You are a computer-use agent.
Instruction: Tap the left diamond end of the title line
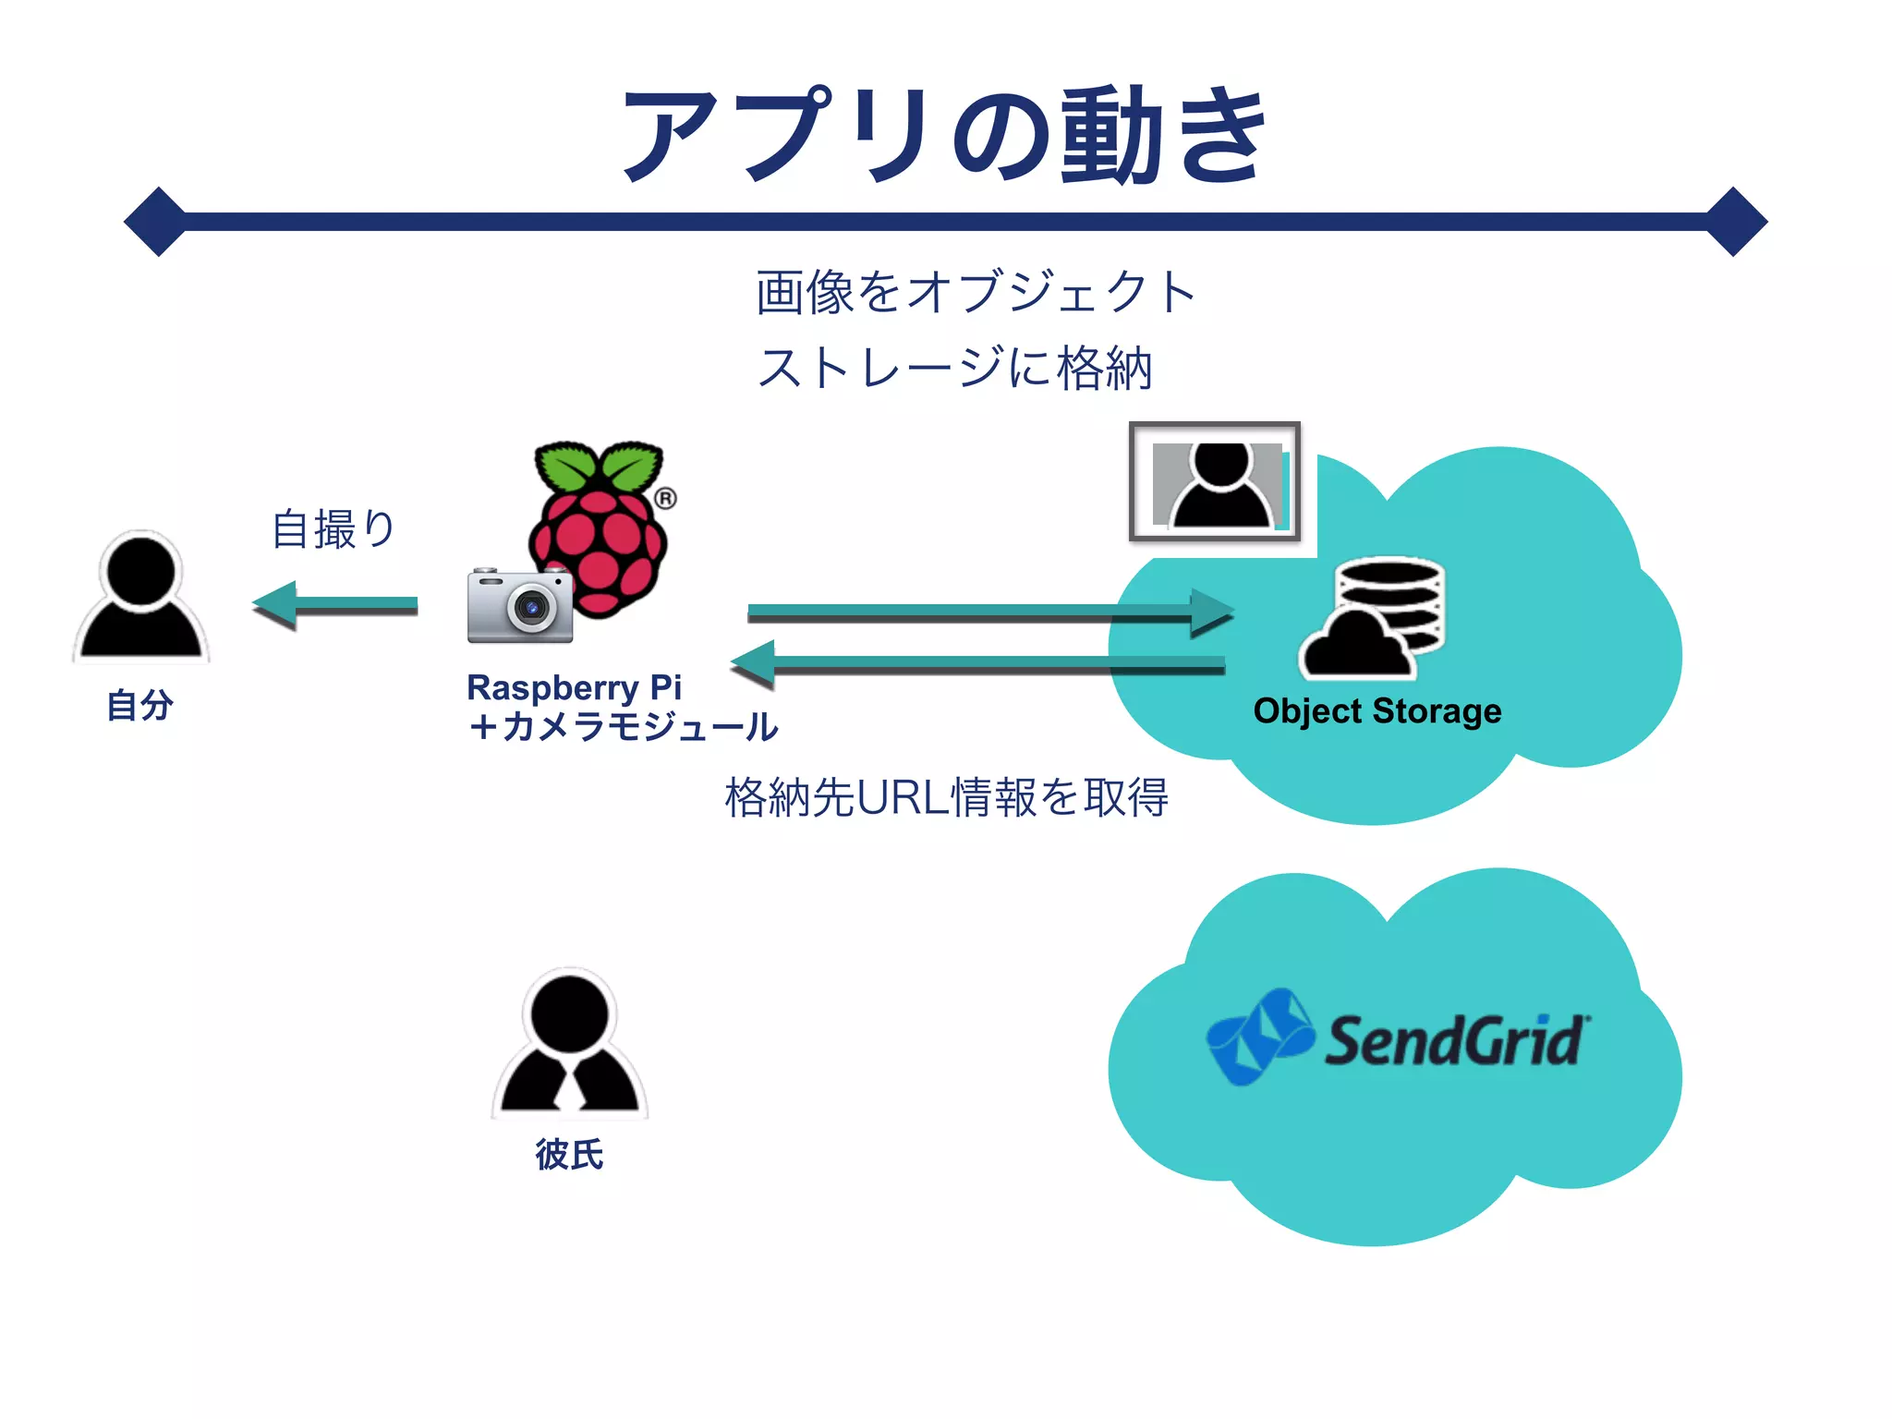158,222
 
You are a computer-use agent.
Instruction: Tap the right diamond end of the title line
1734,222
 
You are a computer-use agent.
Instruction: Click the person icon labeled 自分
141,598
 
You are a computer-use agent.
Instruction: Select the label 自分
140,706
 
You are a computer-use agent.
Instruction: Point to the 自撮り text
334,529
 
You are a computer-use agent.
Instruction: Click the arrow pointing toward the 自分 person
334,605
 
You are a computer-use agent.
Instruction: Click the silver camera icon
520,606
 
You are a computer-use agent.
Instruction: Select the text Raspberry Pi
574,688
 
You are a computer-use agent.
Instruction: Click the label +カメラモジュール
624,727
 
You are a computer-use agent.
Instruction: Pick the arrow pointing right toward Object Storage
988,612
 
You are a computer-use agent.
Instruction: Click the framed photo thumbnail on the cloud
1215,482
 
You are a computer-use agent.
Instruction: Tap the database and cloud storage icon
1375,617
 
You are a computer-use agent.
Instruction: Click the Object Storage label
1377,711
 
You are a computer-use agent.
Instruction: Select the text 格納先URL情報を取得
946,797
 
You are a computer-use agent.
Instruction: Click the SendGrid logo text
1454,1041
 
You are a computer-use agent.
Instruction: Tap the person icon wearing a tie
569,1044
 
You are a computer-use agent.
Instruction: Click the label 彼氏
569,1155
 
